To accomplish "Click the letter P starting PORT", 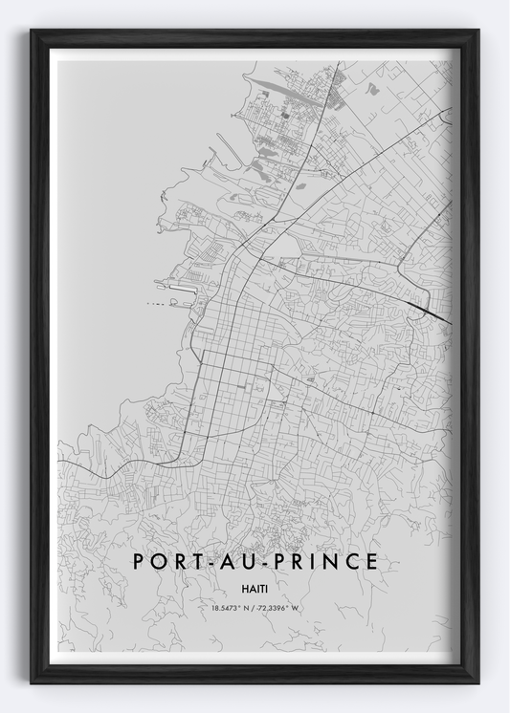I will (139, 562).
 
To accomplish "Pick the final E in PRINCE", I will (371, 562).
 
